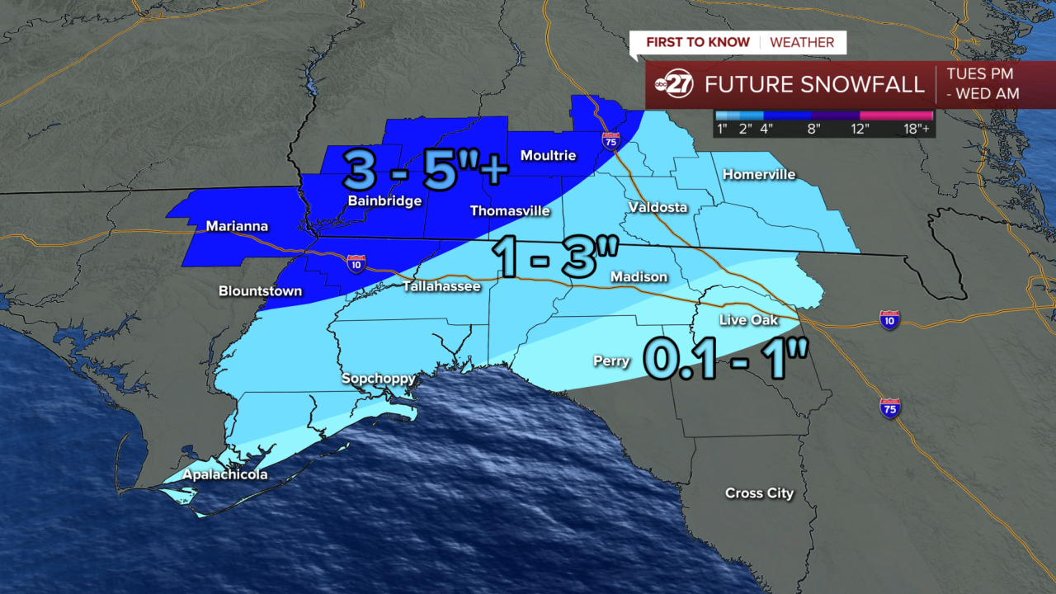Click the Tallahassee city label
(x=441, y=286)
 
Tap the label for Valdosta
(x=657, y=207)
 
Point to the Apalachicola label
(x=225, y=474)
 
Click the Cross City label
(x=759, y=493)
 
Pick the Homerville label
(x=758, y=174)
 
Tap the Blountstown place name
(x=260, y=291)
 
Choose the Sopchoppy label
(x=379, y=379)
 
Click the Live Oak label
(x=748, y=320)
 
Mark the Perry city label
(x=611, y=361)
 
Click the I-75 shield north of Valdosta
(x=610, y=140)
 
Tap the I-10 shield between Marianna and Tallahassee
(x=356, y=263)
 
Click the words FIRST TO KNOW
(x=697, y=42)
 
